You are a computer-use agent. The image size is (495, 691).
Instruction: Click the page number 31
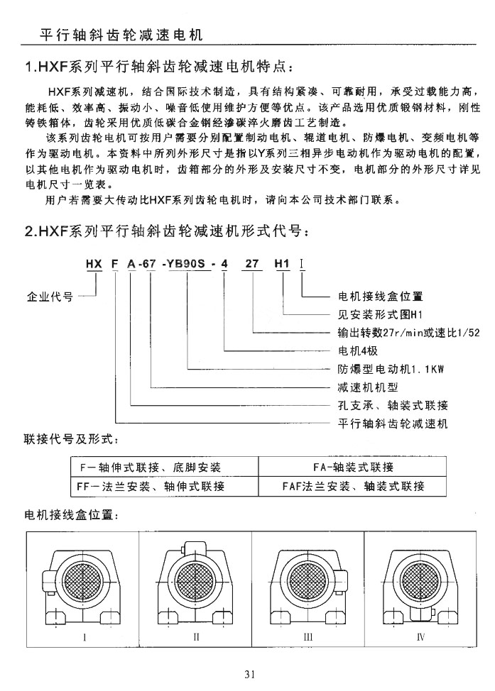click(249, 674)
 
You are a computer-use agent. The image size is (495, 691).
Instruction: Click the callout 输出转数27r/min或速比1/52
click(408, 332)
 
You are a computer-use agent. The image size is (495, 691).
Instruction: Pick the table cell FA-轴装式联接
click(353, 468)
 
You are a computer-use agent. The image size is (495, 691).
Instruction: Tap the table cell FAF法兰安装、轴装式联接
click(353, 487)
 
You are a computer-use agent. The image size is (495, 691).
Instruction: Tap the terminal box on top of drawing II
click(192, 547)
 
